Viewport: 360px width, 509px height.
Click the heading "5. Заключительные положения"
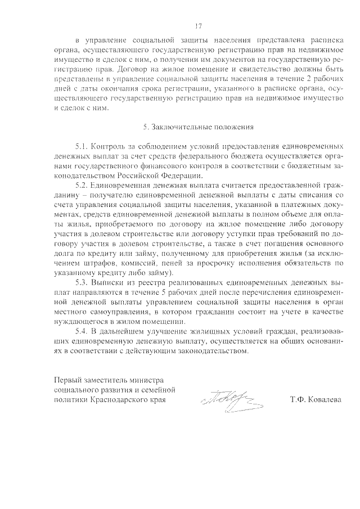coord(198,127)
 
